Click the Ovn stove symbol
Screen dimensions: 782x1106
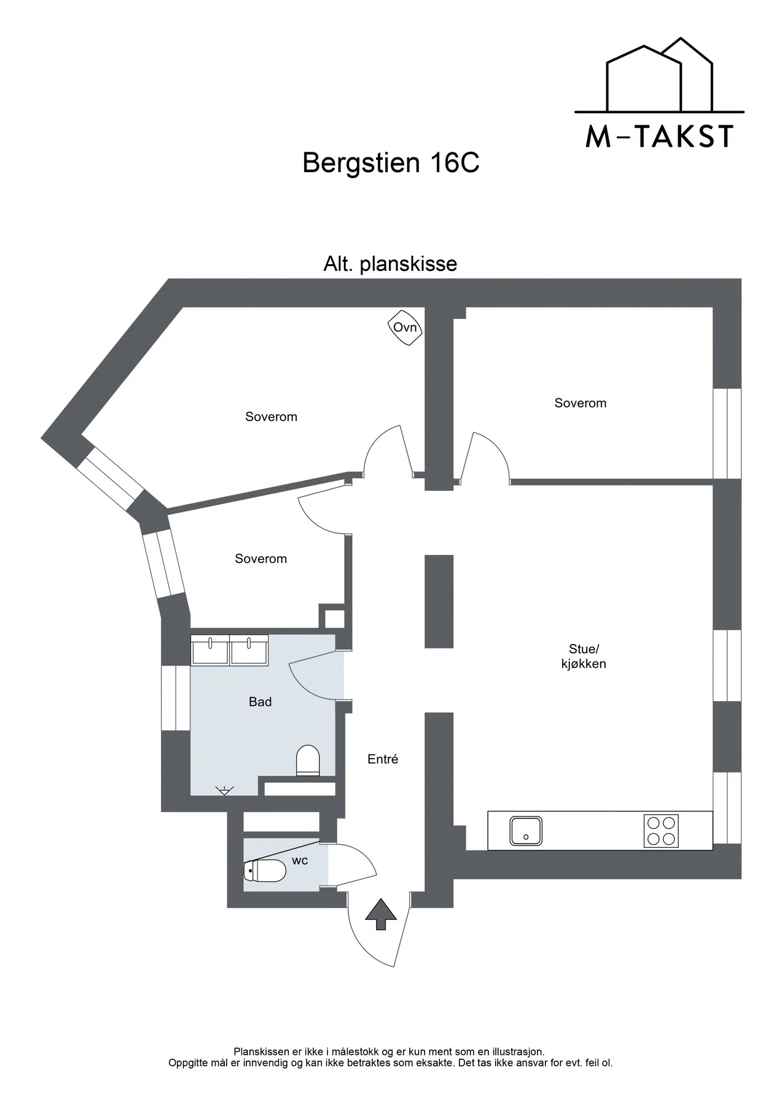405,327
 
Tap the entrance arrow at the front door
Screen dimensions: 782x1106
381,914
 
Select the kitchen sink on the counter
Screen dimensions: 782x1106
526,831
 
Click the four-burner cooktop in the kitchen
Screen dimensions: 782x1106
661,831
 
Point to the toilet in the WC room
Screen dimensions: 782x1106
265,871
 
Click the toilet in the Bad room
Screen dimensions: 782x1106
308,761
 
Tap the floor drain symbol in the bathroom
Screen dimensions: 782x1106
225,790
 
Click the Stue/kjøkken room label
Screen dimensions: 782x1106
584,656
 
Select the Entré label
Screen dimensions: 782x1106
383,759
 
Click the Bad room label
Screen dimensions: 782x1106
260,702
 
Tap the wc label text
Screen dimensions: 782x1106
300,861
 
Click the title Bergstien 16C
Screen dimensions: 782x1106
391,163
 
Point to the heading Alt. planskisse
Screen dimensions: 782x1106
390,264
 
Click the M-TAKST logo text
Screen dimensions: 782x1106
659,136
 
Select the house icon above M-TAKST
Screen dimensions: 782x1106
659,76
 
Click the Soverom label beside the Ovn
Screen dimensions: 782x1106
271,417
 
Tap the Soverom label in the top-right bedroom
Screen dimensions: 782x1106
580,403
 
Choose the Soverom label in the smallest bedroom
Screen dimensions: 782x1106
260,559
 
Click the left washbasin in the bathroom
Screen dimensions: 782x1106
210,650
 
